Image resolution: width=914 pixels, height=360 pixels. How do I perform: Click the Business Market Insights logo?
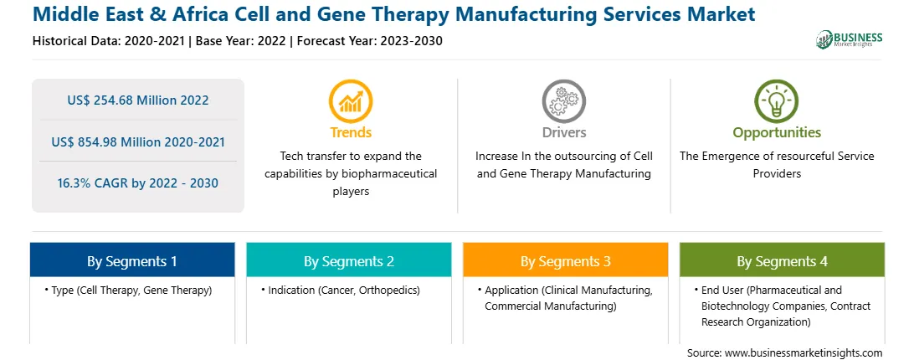849,39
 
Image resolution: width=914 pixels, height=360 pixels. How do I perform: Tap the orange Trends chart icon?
351,101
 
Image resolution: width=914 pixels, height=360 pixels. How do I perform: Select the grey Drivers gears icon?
563,101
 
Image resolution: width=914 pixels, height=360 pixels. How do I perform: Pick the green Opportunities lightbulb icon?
777,101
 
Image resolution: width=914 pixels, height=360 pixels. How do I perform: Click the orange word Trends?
351,132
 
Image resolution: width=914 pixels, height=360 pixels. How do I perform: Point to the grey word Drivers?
563,132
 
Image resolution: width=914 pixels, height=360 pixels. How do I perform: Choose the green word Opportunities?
777,132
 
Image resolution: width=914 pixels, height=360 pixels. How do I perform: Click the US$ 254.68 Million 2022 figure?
138,100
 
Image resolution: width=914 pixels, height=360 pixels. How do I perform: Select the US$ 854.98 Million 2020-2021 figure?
138,141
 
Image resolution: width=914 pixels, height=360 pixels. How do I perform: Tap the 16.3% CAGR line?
138,183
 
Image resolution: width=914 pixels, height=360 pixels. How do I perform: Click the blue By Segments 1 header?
132,260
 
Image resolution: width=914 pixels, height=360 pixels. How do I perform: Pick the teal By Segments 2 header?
348,260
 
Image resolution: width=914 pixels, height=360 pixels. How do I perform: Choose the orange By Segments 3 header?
566,260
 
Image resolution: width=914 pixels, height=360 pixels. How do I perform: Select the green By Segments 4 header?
783,260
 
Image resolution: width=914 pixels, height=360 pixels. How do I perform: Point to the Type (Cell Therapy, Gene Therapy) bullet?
128,290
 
